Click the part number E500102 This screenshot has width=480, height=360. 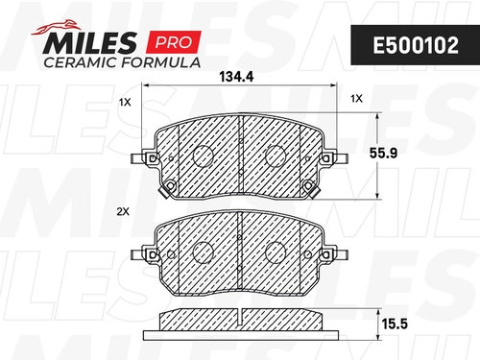(416, 45)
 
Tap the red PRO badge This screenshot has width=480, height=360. (174, 42)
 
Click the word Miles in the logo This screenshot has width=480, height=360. (90, 43)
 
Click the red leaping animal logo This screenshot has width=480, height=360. (56, 27)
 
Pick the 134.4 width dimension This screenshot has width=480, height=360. (236, 77)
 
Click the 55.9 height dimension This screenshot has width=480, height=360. (383, 153)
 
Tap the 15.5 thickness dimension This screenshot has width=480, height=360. (395, 324)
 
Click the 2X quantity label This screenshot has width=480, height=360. (123, 211)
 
